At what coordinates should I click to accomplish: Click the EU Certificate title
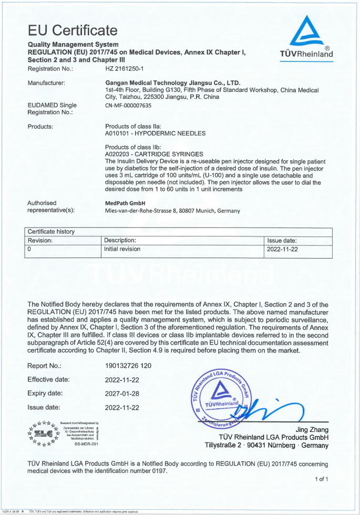click(x=72, y=30)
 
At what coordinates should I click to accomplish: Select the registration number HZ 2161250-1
click(x=128, y=68)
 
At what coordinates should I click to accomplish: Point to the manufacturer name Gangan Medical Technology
click(x=173, y=83)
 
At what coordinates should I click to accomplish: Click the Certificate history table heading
click(x=51, y=231)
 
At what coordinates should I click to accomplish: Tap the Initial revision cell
click(x=122, y=249)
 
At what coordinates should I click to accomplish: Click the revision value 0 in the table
click(x=30, y=249)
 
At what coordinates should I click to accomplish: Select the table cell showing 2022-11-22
click(x=283, y=249)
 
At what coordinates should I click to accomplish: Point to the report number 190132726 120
click(x=128, y=365)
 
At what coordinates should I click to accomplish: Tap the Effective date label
click(x=48, y=379)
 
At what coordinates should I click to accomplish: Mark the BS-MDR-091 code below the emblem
click(x=86, y=444)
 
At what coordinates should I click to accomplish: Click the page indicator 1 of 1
click(x=321, y=479)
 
